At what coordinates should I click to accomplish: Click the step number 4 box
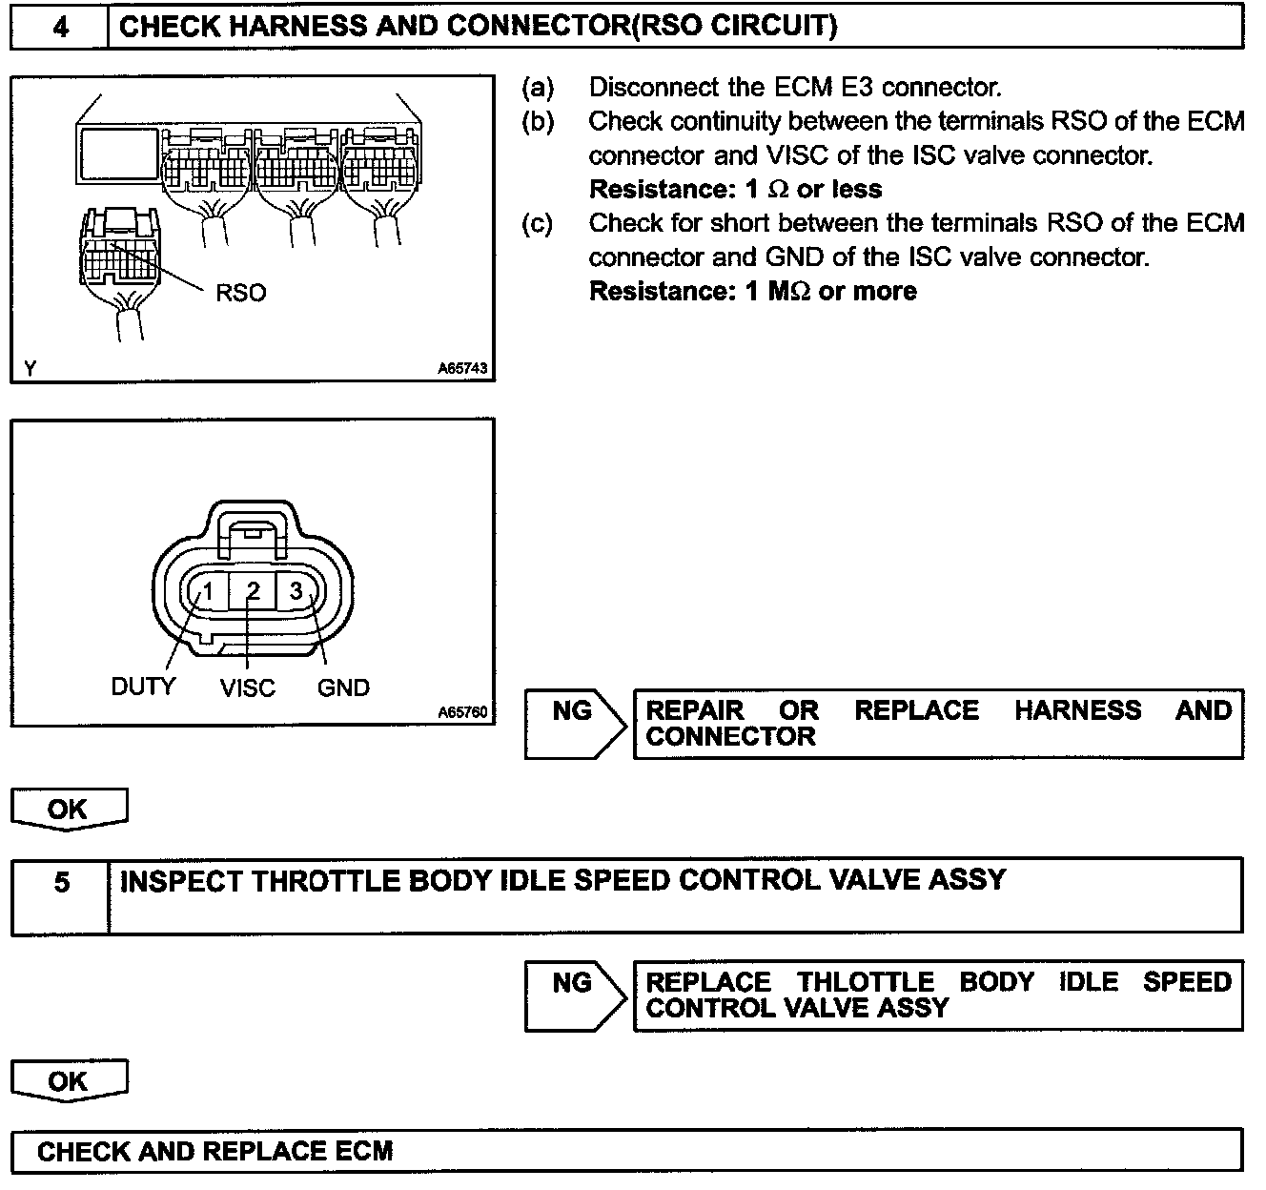click(x=60, y=27)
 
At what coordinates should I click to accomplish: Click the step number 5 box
click(x=61, y=883)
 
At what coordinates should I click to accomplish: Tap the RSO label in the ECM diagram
click(x=240, y=293)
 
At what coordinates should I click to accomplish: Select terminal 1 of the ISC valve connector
click(x=207, y=592)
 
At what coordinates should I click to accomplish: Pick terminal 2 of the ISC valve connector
click(x=253, y=592)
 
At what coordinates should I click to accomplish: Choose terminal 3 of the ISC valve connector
click(x=297, y=592)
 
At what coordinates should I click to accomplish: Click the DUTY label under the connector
click(x=143, y=687)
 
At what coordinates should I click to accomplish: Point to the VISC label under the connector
click(x=247, y=687)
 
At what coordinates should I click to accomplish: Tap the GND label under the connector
click(x=343, y=687)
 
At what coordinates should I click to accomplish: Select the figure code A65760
click(x=462, y=711)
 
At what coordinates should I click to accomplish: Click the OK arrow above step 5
click(x=68, y=810)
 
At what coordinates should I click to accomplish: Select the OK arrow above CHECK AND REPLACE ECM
click(x=68, y=1081)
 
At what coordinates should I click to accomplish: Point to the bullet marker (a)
click(x=537, y=88)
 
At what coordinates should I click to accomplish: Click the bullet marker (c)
click(x=537, y=223)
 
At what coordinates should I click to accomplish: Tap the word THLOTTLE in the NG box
click(x=865, y=982)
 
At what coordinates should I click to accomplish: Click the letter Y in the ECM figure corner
click(x=30, y=368)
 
